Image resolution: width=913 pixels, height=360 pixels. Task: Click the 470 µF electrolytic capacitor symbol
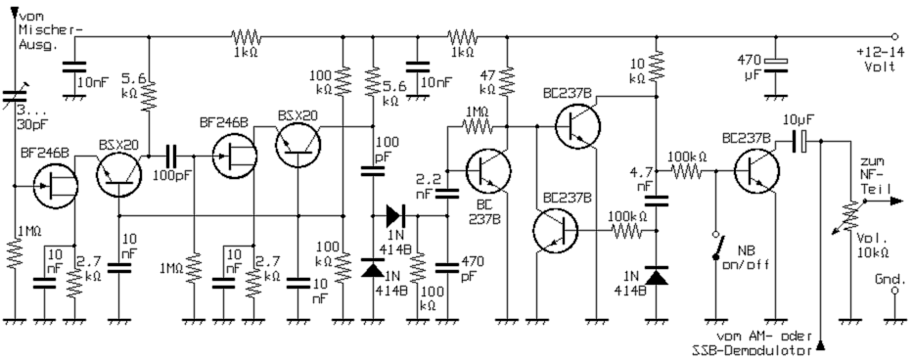click(776, 66)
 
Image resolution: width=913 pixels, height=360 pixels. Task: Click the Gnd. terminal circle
click(895, 291)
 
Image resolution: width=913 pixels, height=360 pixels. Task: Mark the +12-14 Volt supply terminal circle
click(895, 37)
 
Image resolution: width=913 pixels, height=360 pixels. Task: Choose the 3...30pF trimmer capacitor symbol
click(15, 100)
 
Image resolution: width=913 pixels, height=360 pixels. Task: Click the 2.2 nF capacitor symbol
click(447, 194)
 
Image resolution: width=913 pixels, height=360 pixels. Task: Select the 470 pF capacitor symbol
click(447, 267)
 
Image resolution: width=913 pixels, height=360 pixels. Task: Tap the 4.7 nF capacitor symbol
click(656, 201)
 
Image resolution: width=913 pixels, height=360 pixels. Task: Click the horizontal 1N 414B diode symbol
click(394, 215)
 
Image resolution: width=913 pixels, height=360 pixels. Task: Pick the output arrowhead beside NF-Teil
click(896, 201)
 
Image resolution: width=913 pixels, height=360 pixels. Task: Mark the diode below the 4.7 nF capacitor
click(656, 277)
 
